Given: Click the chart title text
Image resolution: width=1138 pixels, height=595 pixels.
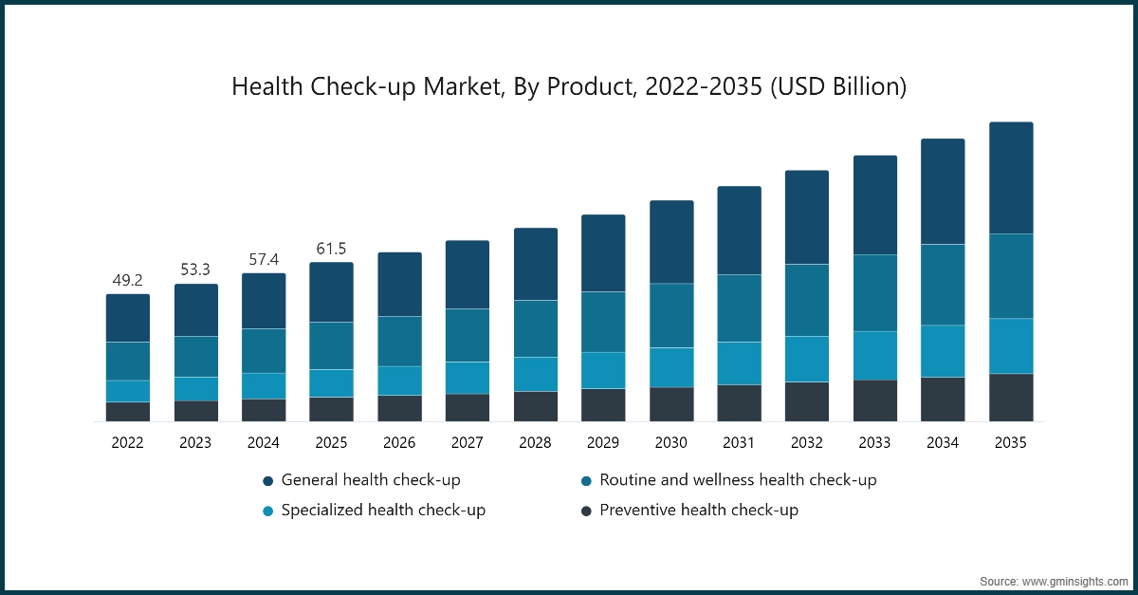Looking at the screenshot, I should [569, 87].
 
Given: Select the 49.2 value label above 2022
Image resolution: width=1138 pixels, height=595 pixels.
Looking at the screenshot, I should [127, 281].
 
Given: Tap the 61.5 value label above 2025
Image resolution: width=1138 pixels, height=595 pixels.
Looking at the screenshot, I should [331, 249].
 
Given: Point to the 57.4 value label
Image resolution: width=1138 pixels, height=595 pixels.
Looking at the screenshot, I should [264, 260].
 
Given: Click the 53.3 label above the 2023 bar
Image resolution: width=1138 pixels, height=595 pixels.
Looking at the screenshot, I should [195, 271].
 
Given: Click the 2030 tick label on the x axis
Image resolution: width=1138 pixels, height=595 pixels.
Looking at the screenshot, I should [670, 442].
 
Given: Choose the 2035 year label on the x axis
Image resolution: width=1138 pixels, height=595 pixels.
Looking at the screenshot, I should [1011, 442].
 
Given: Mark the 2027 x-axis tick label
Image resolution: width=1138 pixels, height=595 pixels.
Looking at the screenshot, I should [467, 442].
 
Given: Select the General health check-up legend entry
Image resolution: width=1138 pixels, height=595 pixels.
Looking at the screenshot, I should [371, 480].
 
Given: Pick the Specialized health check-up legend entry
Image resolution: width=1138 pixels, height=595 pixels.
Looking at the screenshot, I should [383, 510].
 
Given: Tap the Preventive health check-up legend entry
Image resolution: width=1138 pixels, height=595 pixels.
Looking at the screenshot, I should [699, 510].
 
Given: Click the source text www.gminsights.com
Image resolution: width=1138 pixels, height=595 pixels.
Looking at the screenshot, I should [1055, 579].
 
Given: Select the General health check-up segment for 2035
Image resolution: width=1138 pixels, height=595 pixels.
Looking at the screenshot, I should [1011, 177].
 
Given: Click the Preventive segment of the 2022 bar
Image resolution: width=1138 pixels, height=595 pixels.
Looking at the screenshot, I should [127, 411].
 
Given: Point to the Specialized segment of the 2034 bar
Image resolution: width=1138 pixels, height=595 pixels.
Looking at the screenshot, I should [943, 351].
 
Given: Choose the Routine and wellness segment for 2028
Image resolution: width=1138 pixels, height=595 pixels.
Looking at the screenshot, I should [535, 328].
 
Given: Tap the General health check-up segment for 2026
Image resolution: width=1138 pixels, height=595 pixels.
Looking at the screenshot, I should [399, 284].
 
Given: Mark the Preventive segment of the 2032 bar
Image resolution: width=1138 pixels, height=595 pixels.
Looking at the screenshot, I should [806, 401].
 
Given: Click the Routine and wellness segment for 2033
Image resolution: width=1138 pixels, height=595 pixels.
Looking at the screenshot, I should [874, 292].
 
